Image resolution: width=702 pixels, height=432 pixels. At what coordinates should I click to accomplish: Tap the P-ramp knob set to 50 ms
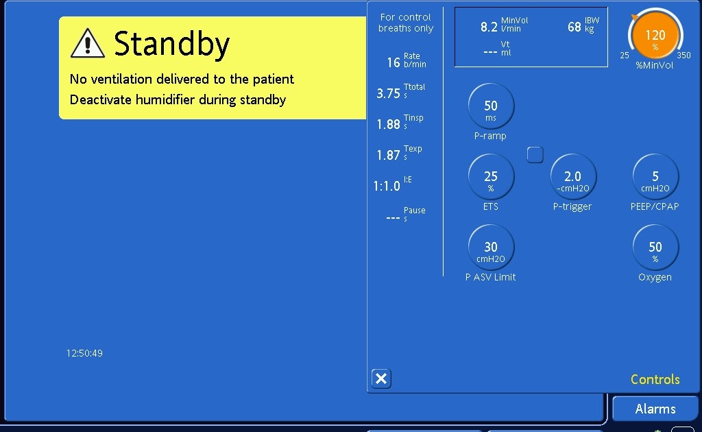pos(491,106)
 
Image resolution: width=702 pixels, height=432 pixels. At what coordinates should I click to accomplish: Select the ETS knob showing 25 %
pos(491,178)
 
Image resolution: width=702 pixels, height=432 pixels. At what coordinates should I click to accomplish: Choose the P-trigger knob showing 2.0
pos(572,178)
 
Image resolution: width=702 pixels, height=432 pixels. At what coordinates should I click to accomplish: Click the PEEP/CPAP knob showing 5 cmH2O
pos(655,178)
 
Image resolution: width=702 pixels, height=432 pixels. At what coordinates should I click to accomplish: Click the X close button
pos(381,379)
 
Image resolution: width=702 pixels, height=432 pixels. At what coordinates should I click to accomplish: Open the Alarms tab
pos(655,409)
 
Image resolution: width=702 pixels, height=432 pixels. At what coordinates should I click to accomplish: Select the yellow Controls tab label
pos(655,380)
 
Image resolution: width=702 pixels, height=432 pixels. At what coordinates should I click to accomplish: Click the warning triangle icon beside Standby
pos(88,43)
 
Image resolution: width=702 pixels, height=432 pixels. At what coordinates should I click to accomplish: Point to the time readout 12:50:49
pos(84,353)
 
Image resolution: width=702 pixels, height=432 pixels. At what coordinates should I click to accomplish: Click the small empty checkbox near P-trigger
pos(535,155)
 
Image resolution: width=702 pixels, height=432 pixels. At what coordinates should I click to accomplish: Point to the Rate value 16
pos(394,62)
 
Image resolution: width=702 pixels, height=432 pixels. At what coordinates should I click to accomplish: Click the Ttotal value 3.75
pos(388,93)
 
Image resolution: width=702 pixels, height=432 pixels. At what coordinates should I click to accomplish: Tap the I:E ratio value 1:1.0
pos(387,186)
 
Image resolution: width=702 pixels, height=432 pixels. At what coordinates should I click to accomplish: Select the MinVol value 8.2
pos(489,27)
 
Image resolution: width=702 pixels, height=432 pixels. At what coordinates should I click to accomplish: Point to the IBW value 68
pos(574,27)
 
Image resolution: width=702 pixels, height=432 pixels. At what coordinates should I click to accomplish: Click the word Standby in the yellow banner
pos(171,45)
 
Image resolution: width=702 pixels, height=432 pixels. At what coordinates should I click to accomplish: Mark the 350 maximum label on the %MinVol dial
pos(683,56)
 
